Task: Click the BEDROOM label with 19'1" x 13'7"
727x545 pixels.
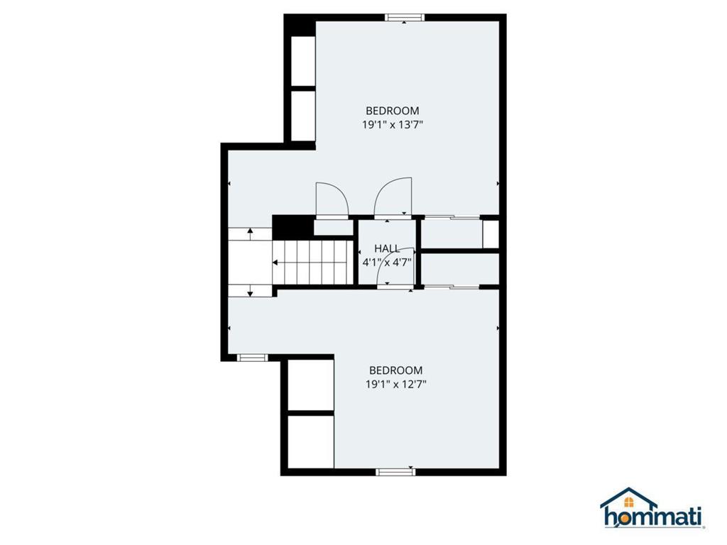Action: [x=392, y=111]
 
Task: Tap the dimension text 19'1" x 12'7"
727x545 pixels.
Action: [x=395, y=384]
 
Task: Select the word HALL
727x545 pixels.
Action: [x=387, y=249]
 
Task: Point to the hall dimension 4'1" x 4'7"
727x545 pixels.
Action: [x=387, y=263]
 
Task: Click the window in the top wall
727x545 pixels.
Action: [x=404, y=18]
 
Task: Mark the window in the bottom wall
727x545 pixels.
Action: [x=395, y=472]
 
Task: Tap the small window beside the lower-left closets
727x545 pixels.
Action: [x=252, y=358]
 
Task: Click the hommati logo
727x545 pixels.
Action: [x=652, y=508]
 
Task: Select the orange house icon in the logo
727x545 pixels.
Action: [x=629, y=502]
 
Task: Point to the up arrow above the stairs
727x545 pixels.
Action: [x=251, y=233]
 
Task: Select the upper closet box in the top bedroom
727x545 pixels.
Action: [x=302, y=60]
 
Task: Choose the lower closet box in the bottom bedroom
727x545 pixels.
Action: [x=311, y=441]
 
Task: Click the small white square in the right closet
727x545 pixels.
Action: [x=491, y=234]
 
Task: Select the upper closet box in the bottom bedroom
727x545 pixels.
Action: [x=311, y=385]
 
